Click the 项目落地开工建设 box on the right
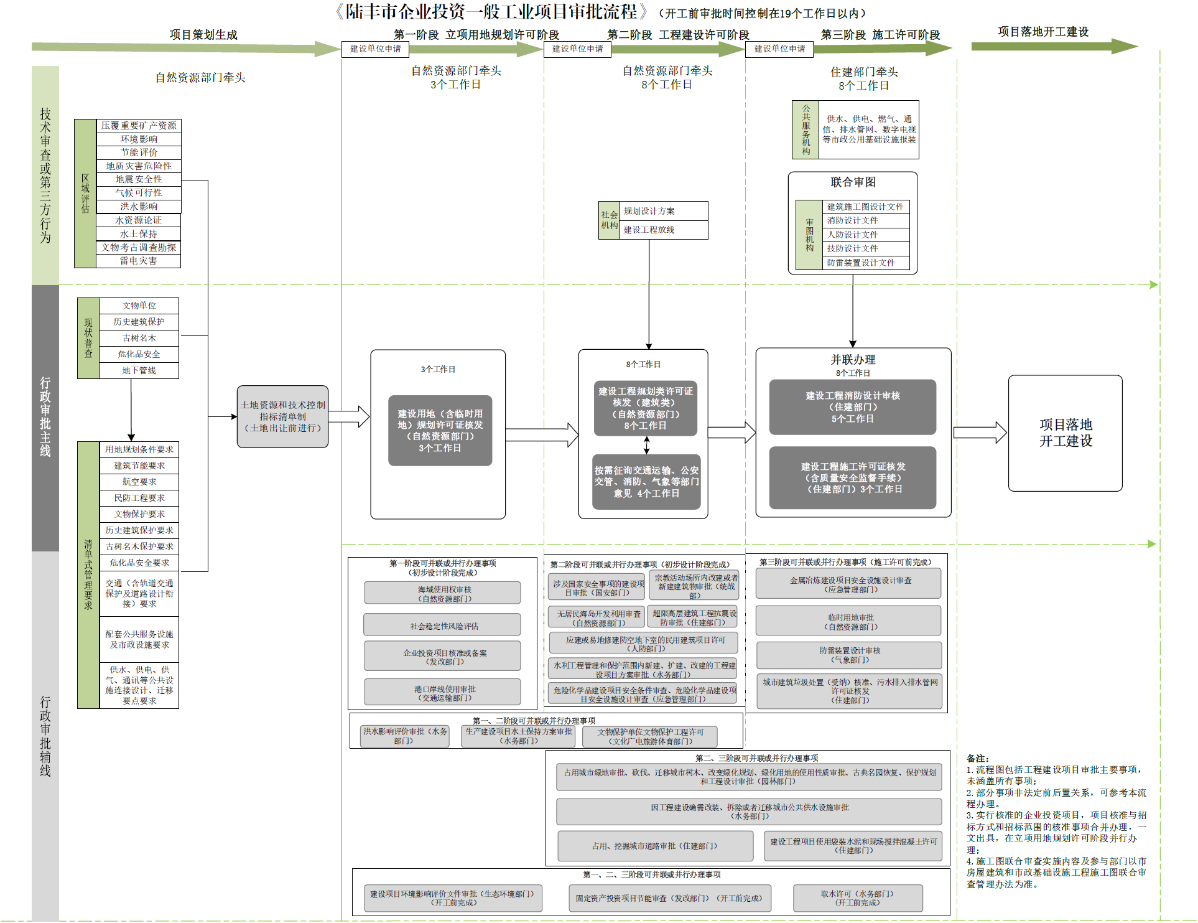tap(1065, 433)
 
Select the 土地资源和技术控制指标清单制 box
tap(282, 416)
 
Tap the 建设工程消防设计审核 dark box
tap(852, 407)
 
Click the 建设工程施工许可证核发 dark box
tap(852, 477)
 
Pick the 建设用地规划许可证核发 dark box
tap(440, 431)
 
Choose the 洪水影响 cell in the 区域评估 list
tap(139, 207)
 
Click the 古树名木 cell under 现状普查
tap(139, 338)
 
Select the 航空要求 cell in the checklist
tap(139, 482)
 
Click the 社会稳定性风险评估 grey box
tap(442, 625)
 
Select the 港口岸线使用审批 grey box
tap(442, 693)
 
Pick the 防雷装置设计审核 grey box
tap(849, 655)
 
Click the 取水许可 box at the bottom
tap(857, 898)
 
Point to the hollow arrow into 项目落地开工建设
tap(980, 433)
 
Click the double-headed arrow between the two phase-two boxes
tap(647, 445)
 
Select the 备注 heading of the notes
tap(977, 759)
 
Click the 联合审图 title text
tap(853, 182)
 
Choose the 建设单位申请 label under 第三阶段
tap(779, 49)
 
